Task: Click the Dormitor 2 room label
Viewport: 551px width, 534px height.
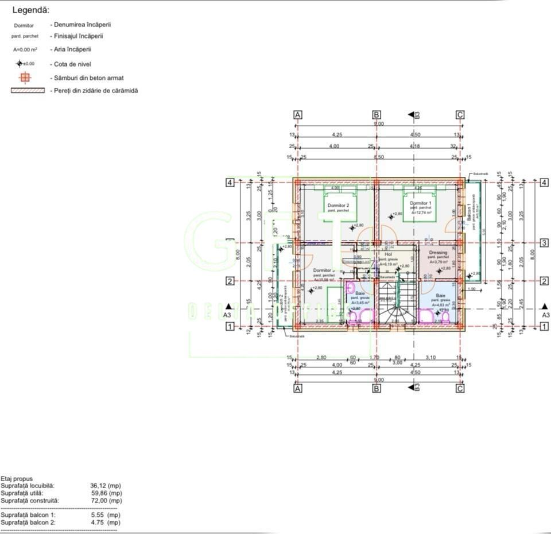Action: point(339,205)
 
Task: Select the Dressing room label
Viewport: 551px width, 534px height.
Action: point(438,253)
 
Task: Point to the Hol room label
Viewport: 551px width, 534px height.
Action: point(388,254)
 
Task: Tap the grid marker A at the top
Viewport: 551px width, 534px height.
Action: point(298,115)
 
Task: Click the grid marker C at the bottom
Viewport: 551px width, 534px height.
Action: point(460,389)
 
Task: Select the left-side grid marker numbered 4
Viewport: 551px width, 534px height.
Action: point(230,183)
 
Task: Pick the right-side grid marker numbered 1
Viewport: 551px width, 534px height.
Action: point(544,326)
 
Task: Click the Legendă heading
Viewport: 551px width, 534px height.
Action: point(31,10)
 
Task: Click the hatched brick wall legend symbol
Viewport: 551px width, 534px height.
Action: point(28,91)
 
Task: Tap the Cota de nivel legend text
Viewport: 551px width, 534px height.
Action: point(71,64)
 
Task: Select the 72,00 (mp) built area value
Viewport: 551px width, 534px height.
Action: point(106,501)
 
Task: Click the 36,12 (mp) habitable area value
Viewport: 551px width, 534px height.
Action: point(106,486)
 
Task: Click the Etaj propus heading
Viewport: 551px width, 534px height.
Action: point(17,479)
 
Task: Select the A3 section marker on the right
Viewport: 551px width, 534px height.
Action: point(545,315)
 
